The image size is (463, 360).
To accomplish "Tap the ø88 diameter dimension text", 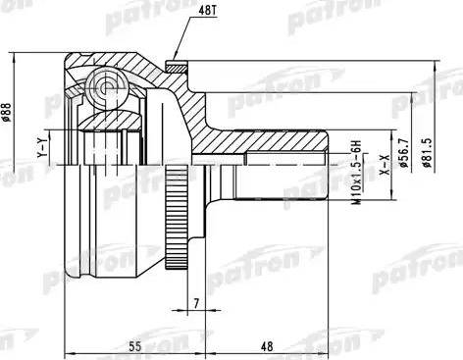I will tap(8, 114).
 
